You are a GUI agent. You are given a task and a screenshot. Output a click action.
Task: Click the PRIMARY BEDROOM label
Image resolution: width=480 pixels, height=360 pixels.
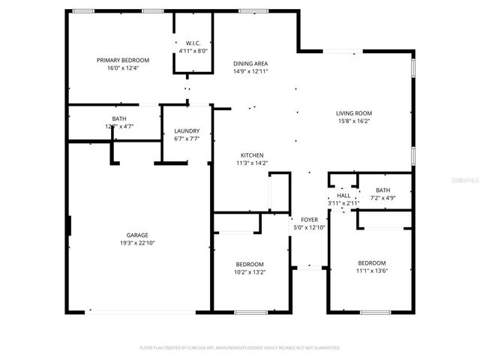point(123,60)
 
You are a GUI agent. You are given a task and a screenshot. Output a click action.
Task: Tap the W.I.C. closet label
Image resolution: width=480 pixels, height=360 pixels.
point(191,43)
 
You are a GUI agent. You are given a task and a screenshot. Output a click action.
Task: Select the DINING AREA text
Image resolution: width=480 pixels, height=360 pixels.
point(250,64)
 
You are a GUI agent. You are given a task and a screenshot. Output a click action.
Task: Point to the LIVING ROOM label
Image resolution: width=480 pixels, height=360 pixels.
point(353,113)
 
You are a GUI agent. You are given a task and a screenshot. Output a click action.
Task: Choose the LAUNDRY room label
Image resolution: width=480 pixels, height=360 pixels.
point(186,130)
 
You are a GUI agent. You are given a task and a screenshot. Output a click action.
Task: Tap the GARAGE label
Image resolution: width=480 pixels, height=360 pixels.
point(136,235)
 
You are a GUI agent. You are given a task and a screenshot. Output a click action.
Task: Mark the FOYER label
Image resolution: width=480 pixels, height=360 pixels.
point(310,220)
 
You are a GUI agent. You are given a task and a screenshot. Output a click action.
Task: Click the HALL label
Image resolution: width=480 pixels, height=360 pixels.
point(343,195)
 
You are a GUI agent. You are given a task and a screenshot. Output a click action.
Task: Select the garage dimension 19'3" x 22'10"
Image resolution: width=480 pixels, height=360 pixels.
point(136,242)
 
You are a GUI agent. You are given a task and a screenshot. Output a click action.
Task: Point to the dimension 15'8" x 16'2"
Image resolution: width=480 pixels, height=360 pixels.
point(353,121)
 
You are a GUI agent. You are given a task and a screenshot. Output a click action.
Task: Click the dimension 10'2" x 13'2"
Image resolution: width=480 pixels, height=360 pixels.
point(250,271)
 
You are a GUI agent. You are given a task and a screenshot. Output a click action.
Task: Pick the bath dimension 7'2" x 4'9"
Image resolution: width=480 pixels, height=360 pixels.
point(383,198)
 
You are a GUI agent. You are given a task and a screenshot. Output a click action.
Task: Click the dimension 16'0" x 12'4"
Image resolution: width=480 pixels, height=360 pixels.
point(123,67)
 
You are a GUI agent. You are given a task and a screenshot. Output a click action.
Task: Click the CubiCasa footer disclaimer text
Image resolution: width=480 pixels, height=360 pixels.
point(240,348)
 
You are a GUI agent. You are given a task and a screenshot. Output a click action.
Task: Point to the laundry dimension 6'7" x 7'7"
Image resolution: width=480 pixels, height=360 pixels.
point(186,138)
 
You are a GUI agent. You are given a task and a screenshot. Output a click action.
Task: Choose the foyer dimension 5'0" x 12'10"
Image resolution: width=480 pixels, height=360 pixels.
point(310,227)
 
